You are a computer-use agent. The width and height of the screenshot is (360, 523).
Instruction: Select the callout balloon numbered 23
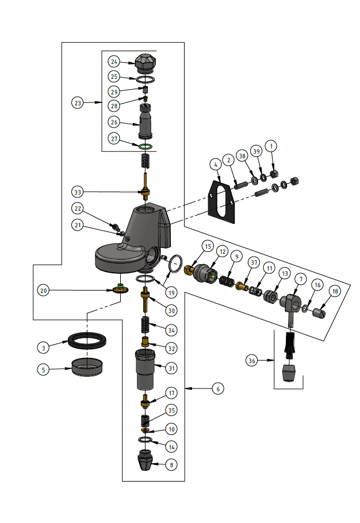tap(78, 102)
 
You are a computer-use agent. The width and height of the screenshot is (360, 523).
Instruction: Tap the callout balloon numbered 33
tap(78, 191)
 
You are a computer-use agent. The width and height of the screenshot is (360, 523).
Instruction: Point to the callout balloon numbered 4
tap(215, 164)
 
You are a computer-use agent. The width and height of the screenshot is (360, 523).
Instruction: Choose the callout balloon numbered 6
tap(216, 389)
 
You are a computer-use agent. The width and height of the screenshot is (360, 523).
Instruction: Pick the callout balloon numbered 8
tap(171, 464)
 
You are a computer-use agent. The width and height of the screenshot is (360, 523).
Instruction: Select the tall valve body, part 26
tap(145, 122)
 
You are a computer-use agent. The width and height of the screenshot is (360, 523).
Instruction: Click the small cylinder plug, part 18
tap(320, 314)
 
